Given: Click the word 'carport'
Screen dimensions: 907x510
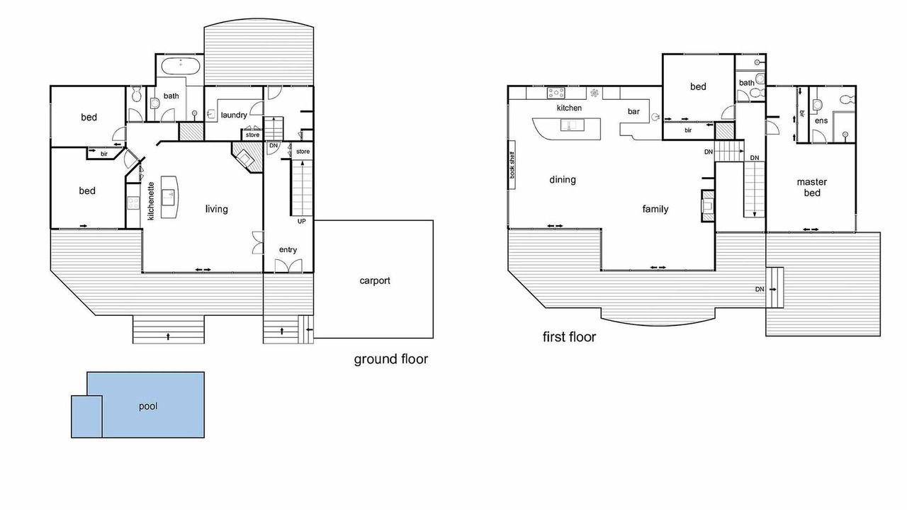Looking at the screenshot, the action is [375, 281].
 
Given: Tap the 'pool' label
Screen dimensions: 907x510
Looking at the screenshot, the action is [148, 407].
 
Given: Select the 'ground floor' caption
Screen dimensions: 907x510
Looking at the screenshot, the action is [390, 359].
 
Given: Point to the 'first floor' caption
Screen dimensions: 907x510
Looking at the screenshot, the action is [569, 336].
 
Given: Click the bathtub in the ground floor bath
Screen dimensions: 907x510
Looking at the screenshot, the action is [181, 66].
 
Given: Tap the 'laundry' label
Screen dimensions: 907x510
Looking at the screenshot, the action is [234, 115].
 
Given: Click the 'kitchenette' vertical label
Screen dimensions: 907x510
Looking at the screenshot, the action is [151, 201].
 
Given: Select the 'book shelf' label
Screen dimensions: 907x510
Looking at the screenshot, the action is [512, 165].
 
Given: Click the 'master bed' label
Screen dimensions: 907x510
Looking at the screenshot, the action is [812, 188].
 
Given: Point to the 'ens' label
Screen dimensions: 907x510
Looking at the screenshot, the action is [821, 120].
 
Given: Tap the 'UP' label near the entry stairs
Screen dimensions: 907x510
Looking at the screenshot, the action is [302, 222].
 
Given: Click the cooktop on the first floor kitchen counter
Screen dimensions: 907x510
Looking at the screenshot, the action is [556, 93].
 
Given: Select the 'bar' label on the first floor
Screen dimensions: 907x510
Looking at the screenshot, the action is [633, 111].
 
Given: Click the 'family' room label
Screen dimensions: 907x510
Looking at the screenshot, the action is [655, 209].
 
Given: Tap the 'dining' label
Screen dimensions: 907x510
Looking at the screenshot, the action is [563, 180].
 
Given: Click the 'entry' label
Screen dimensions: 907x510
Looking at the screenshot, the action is [288, 250].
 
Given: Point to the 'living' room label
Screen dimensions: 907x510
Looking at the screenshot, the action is [217, 209].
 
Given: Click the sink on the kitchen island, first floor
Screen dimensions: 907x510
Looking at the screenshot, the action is [573, 125].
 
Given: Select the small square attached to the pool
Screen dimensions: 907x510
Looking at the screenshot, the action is [86, 416].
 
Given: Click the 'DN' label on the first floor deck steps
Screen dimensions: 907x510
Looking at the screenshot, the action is [760, 290].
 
